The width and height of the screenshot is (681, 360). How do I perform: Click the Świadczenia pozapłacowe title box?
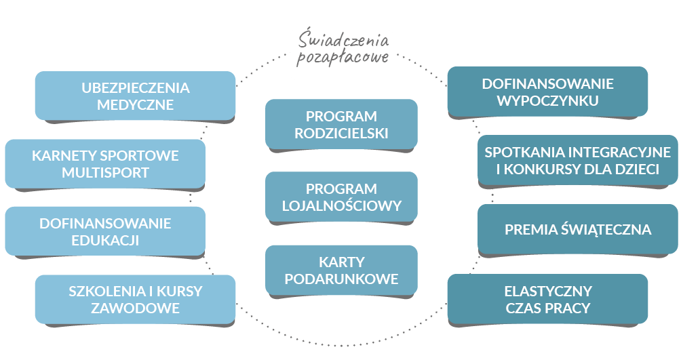coord(340,54)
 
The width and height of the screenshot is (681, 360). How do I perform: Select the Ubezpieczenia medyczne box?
coord(135,96)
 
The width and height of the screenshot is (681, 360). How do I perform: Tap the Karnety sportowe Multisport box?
coord(105,164)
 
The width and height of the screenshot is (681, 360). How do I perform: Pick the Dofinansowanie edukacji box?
coord(105,231)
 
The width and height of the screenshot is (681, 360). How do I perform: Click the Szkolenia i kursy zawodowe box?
coord(135,300)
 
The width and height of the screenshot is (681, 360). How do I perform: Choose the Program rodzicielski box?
coord(341,125)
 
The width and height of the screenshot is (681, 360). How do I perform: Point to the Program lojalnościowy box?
coord(341,197)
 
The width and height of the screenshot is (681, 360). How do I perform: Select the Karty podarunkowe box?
coord(341,270)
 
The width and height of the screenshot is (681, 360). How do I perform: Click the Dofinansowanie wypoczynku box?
coord(547,93)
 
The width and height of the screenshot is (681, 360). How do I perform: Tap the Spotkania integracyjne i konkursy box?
coord(577,161)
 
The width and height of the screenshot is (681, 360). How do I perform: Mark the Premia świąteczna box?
coord(577,230)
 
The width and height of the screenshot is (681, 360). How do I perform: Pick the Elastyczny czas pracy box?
coord(547,300)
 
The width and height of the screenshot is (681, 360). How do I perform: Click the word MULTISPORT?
coord(105,172)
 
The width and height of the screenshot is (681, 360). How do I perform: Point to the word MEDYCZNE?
coord(135,105)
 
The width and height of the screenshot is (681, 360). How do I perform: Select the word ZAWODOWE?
coord(135,308)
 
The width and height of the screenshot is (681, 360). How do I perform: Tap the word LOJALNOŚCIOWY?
coord(341,205)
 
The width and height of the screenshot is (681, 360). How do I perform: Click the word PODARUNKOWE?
coord(341,279)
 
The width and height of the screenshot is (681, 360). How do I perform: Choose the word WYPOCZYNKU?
coord(547,102)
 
